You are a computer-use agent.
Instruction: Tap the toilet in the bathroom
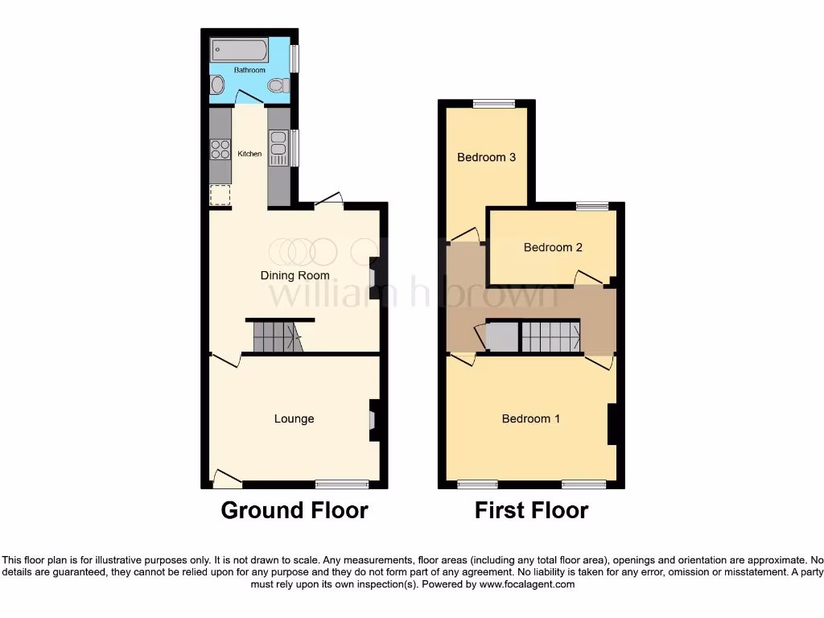(277, 85)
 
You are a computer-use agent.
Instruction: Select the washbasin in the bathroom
(217, 85)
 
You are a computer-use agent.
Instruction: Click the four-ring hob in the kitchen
(220, 150)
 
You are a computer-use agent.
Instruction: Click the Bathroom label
(249, 70)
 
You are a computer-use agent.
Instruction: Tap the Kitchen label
(249, 154)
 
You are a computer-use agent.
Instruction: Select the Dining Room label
(295, 275)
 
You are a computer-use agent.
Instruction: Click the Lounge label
(294, 418)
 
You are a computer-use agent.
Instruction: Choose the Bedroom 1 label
(531, 418)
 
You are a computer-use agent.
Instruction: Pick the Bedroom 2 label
(553, 247)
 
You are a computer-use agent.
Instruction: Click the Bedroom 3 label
(486, 157)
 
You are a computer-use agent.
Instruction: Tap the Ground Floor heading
(295, 510)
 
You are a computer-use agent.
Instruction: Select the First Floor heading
(531, 510)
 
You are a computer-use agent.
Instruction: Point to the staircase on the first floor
(550, 336)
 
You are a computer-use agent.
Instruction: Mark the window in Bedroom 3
(493, 103)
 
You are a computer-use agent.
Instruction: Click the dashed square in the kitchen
(220, 196)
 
